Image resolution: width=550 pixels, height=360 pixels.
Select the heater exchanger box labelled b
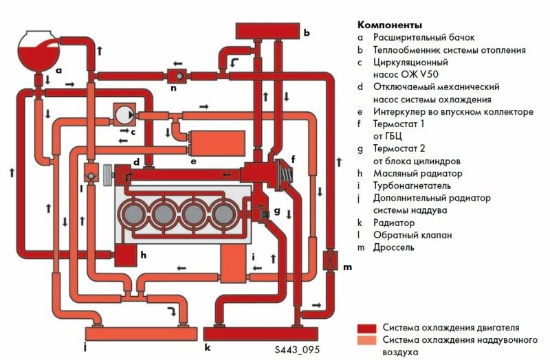pos(268,31)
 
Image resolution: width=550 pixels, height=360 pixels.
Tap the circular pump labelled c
pos(123,114)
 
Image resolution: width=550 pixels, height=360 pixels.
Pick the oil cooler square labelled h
pos(126,256)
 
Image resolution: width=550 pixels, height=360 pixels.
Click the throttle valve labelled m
pos(331,262)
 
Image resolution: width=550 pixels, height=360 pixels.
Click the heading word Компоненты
pos(390,25)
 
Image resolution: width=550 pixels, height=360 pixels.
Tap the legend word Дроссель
pos(393,247)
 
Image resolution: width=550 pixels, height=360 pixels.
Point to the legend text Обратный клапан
pos(412,235)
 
